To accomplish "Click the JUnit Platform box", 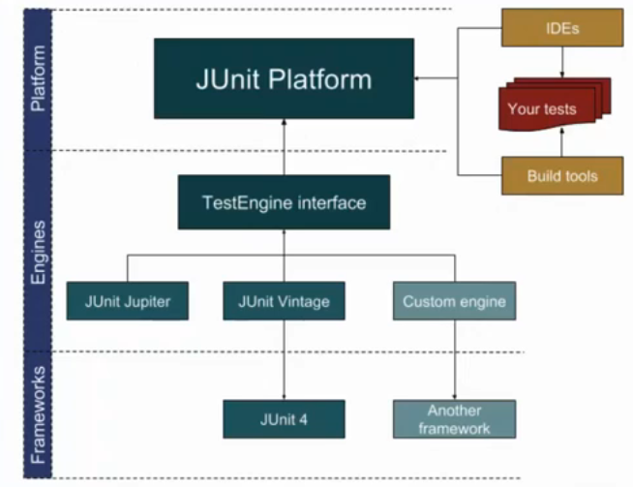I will coord(284,78).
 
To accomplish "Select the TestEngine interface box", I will coord(284,202).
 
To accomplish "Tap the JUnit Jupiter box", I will coord(127,301).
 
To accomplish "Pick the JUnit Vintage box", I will coord(284,301).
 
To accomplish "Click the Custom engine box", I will coord(454,301).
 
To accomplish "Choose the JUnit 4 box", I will coord(284,418).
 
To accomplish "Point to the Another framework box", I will coord(454,418).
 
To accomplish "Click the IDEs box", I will coord(561,29).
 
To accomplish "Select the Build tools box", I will coord(561,175).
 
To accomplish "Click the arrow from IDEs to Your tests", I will coord(562,64).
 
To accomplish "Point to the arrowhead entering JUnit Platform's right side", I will coord(419,78).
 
